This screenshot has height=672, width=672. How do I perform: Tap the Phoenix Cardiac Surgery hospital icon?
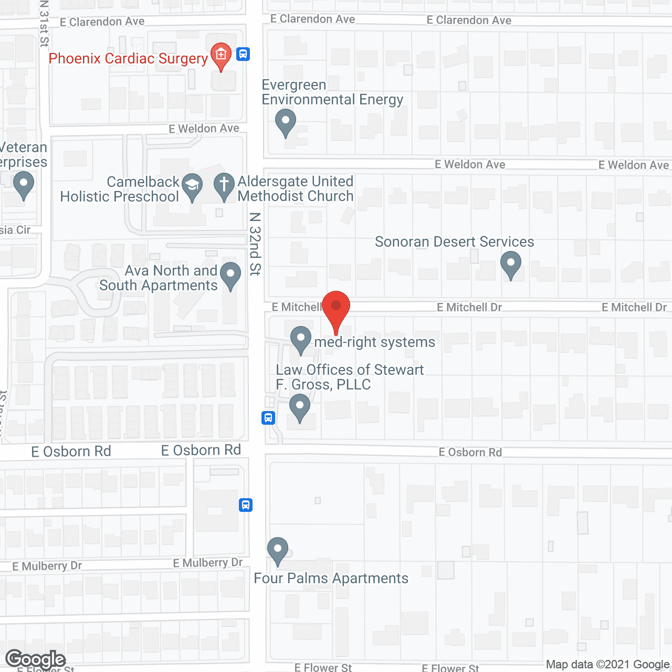[221, 55]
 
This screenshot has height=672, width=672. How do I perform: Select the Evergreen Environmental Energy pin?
[286, 122]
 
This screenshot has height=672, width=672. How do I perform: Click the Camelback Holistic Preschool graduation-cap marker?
[192, 186]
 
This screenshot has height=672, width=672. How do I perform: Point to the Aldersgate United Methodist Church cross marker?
[224, 186]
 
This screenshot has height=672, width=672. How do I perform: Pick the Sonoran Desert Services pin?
[510, 264]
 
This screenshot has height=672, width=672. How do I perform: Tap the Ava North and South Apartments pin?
[230, 275]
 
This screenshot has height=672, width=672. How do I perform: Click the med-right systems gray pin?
[301, 339]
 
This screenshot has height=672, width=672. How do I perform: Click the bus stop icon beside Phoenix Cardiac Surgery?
[243, 54]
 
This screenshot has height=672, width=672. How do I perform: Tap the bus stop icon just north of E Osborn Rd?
[268, 418]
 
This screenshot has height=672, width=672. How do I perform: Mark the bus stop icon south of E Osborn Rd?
[246, 505]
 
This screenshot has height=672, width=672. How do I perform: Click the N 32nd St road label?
[255, 244]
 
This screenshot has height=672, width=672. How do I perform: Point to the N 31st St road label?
[44, 24]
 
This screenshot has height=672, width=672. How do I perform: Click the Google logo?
[35, 659]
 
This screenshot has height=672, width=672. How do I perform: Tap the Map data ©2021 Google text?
[608, 664]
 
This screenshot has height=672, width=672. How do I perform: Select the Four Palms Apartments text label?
[331, 579]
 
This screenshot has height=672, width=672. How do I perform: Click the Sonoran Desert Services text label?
[454, 242]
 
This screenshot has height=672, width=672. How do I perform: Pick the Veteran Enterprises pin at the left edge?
[23, 185]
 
